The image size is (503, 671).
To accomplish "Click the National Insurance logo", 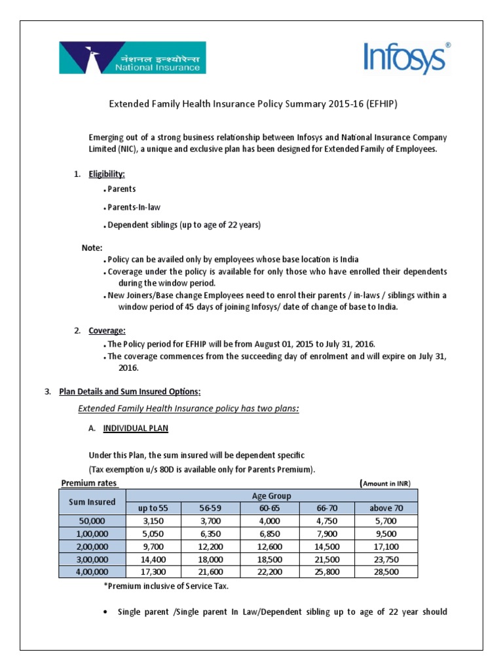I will coord(132,57).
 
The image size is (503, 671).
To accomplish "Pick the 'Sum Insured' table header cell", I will coord(92,502).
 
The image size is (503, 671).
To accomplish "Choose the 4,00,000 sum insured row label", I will coord(92,572).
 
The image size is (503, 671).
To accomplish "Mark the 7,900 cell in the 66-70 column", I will coord(327,533).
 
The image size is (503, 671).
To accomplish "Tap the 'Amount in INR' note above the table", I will coord(386,484).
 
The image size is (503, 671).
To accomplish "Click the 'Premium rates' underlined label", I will coord(89,483).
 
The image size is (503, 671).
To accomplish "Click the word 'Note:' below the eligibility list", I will coord(92,248).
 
